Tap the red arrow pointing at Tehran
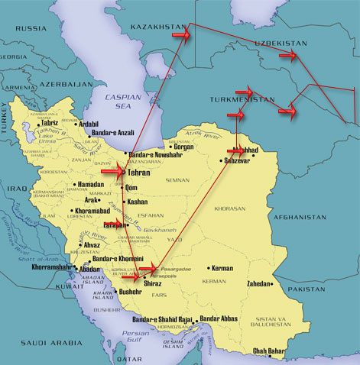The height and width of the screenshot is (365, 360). (x=112, y=173)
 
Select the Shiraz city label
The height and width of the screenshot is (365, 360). (x=144, y=280)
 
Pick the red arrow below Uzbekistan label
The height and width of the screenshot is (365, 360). (x=288, y=55)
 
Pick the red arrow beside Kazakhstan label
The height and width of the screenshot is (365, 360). (x=181, y=35)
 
